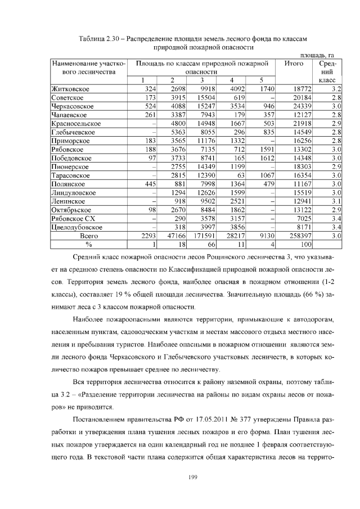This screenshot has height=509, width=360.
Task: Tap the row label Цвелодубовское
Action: tap(78, 227)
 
